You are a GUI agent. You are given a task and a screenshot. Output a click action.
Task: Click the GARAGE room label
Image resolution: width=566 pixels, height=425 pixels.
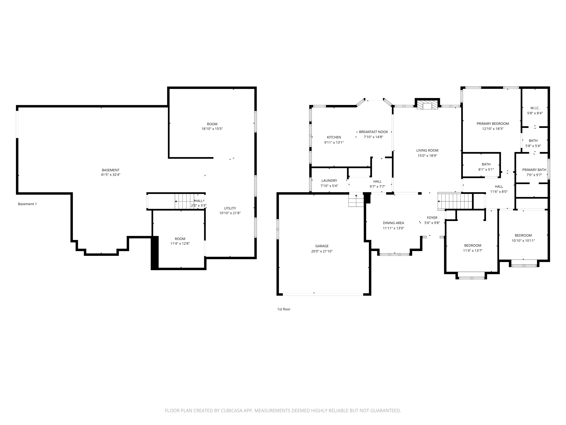click(x=322, y=246)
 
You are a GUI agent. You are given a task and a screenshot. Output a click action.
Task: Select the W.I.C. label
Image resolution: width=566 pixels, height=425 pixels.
click(x=535, y=108)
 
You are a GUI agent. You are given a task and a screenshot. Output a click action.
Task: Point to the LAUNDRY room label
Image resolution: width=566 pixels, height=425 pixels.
click(x=329, y=181)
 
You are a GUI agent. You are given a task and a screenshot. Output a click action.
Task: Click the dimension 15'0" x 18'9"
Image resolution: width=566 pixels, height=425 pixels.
click(x=427, y=155)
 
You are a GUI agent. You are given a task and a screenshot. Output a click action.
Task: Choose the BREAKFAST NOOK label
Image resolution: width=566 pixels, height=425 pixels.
click(x=373, y=132)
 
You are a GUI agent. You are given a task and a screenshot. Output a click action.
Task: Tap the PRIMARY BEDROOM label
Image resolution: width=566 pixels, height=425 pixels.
click(x=493, y=124)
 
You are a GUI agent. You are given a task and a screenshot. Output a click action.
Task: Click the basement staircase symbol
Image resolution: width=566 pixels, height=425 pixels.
click(x=185, y=201)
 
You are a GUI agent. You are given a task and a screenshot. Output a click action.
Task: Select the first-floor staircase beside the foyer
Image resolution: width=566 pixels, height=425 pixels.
click(x=455, y=201)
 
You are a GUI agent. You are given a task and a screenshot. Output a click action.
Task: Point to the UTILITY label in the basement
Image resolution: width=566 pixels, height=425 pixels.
click(x=230, y=208)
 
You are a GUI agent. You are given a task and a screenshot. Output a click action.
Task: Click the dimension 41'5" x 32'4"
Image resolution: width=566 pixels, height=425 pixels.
click(x=111, y=175)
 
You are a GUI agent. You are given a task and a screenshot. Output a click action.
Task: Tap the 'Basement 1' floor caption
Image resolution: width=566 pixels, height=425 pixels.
click(x=27, y=204)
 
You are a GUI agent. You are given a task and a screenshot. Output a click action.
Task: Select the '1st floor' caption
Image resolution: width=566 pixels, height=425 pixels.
click(x=284, y=309)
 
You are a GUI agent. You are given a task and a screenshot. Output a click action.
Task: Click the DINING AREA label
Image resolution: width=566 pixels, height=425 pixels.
click(x=393, y=223)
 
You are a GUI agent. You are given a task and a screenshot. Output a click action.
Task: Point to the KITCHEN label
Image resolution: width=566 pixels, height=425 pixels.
click(x=334, y=137)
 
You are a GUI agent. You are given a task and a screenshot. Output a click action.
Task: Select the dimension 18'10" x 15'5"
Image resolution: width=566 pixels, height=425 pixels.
click(x=212, y=129)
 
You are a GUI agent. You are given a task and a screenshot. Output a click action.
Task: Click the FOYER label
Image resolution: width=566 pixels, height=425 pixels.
click(x=432, y=218)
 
